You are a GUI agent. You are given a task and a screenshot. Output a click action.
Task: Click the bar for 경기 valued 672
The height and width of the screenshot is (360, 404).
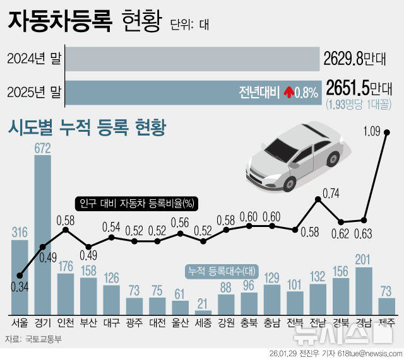point(43,233)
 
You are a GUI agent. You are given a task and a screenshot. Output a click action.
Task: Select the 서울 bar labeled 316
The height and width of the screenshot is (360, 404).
point(20,277)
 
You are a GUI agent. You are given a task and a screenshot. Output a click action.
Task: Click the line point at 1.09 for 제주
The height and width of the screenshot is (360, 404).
point(386,132)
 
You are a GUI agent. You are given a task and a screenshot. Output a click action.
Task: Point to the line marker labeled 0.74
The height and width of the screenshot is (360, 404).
point(318,199)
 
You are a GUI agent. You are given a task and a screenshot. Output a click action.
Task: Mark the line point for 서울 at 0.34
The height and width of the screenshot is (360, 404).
point(20,276)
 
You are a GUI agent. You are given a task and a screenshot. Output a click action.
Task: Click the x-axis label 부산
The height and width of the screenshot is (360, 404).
point(88,323)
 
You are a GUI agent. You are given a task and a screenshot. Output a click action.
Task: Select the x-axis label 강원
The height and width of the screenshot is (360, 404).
point(226,323)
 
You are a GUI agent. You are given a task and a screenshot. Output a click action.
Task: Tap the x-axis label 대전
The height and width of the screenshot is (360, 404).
point(157,323)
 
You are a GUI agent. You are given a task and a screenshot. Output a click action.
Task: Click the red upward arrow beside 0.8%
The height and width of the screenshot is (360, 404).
point(288,93)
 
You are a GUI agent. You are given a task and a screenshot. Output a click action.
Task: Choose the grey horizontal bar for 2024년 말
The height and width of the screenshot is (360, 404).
point(193,59)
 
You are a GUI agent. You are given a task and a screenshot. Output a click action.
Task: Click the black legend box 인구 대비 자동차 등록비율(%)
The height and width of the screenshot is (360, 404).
point(137,204)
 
